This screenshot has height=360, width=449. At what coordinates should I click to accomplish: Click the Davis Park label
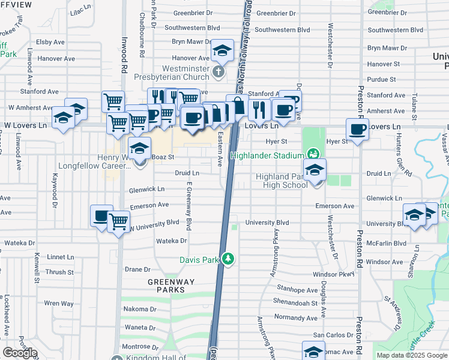point(199,260)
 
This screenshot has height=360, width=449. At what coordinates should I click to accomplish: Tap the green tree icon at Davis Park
point(228,259)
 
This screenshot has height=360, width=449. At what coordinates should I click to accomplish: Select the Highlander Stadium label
point(267,156)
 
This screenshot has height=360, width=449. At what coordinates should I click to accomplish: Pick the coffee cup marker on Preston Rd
point(358,130)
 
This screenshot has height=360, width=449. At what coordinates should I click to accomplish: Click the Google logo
point(20,353)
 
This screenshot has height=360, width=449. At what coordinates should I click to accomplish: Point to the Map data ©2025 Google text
point(411,355)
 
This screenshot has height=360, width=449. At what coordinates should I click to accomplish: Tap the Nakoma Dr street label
point(140,310)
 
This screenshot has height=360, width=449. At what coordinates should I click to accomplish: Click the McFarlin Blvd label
point(386,244)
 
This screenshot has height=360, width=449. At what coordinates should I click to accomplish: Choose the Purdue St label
point(382,79)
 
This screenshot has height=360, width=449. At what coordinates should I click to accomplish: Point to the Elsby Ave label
point(50,42)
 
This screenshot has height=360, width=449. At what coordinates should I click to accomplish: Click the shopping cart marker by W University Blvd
point(119,222)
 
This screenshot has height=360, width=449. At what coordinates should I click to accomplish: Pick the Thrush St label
point(59,272)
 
